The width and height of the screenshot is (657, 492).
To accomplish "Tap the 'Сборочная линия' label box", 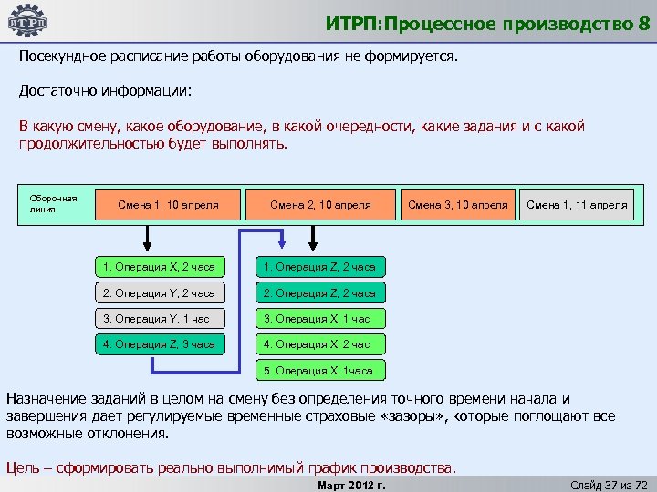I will tap(53, 204).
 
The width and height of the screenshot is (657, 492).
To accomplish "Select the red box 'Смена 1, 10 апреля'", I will tap(168, 205).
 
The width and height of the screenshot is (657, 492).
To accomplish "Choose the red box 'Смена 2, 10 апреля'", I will tap(320, 205).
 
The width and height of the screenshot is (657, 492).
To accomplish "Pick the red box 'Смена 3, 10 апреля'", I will tap(457, 205).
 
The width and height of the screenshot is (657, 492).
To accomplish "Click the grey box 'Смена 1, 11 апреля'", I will tap(577, 205).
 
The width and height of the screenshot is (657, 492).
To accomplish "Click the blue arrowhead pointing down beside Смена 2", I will tap(283, 241).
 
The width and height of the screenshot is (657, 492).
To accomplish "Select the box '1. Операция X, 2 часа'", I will tap(159, 267).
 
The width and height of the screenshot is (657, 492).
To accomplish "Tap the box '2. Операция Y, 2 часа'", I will tap(159, 293).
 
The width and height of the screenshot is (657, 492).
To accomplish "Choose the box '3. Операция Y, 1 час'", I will tap(159, 319).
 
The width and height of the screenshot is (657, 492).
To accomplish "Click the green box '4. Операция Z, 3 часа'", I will tap(159, 344).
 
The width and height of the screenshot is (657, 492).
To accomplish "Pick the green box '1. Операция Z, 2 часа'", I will tap(319, 267).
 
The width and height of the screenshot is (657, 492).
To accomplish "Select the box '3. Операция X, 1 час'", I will tap(319, 319).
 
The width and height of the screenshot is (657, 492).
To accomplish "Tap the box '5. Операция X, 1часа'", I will tap(319, 371).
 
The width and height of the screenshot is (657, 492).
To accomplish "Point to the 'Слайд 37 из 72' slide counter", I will tap(608, 484).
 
